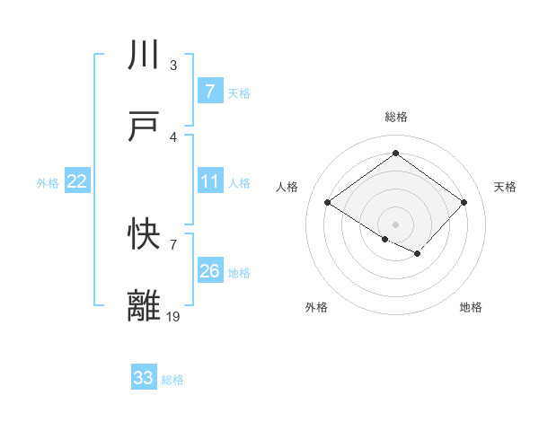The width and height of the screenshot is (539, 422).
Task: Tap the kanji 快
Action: pyautogui.click(x=145, y=234)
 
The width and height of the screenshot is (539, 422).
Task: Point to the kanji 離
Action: pyautogui.click(x=145, y=305)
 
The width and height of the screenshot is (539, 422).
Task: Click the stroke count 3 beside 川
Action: pyautogui.click(x=173, y=65)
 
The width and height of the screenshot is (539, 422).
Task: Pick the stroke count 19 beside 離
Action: pyautogui.click(x=173, y=316)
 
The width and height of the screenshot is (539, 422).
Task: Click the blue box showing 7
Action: pyautogui.click(x=209, y=91)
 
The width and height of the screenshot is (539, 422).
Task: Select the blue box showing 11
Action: pyautogui.click(x=209, y=181)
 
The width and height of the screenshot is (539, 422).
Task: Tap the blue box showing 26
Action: pyautogui.click(x=209, y=271)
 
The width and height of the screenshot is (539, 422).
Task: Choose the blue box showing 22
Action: pyautogui.click(x=76, y=181)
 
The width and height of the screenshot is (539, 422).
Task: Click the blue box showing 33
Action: pyautogui.click(x=144, y=378)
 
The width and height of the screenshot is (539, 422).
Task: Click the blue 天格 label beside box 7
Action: pyautogui.click(x=239, y=92)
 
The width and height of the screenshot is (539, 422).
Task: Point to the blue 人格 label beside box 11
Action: pyautogui.click(x=239, y=183)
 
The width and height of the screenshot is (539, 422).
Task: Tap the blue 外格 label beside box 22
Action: pyautogui.click(x=48, y=183)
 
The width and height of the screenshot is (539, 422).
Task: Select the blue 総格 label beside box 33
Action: pyautogui.click(x=172, y=380)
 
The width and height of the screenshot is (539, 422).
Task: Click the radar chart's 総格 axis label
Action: pyautogui.click(x=395, y=117)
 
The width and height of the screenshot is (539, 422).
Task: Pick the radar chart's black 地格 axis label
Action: pyautogui.click(x=471, y=307)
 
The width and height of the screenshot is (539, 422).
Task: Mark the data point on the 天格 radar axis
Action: pyautogui.click(x=464, y=203)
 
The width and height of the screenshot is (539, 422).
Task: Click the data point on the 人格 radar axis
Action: pyautogui.click(x=328, y=203)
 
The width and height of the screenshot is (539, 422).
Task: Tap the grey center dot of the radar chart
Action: pyautogui.click(x=395, y=223)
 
